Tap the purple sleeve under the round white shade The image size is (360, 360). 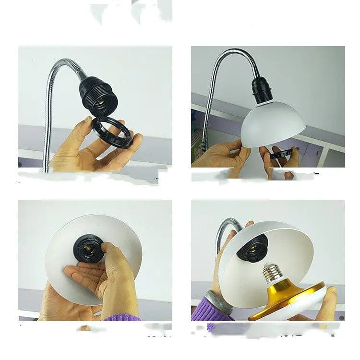(x=122, y=317)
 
